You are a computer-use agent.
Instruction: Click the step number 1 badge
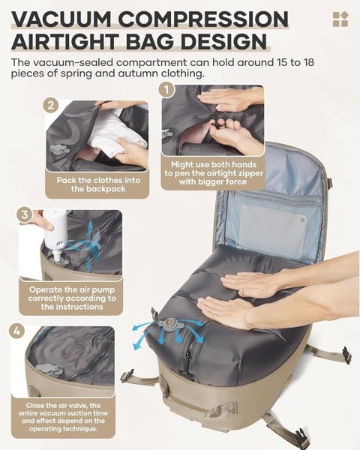pyautogui.click(x=166, y=90)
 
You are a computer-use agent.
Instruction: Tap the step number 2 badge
pyautogui.click(x=50, y=106)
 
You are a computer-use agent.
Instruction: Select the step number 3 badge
pyautogui.click(x=25, y=214)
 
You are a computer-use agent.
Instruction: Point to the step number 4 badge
pyautogui.click(x=17, y=331)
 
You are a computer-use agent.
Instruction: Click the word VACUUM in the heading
pyautogui.click(x=61, y=19)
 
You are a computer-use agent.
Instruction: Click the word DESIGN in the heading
pyautogui.click(x=223, y=41)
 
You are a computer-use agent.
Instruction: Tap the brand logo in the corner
pyautogui.click(x=340, y=19)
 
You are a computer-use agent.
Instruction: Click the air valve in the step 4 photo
pyautogui.click(x=49, y=370)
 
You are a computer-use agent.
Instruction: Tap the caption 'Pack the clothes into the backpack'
pyautogui.click(x=98, y=184)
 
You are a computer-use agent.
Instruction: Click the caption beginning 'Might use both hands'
pyautogui.click(x=214, y=173)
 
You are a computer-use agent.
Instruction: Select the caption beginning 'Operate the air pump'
pyautogui.click(x=72, y=298)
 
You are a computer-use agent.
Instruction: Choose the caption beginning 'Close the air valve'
pyautogui.click(x=63, y=417)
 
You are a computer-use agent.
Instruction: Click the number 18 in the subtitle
pyautogui.click(x=308, y=62)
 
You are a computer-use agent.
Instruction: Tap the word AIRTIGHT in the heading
pyautogui.click(x=64, y=41)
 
